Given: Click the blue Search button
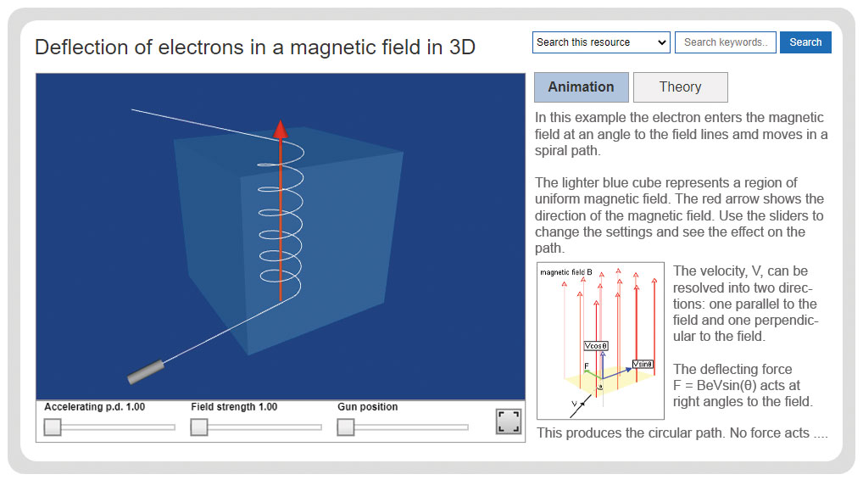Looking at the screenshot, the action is point(805,42).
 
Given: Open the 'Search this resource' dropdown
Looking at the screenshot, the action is point(601,42).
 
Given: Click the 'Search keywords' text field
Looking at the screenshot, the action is point(726,42).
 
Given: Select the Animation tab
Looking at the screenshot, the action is point(582,87).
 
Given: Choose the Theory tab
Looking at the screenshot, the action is point(680,87).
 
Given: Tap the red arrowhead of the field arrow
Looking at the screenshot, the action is point(281,130).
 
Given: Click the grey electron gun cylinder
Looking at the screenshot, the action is point(146,371).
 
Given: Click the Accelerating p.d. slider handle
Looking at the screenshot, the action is point(53,427).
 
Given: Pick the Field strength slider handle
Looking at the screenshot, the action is point(198,427).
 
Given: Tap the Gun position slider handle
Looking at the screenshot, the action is point(346,427).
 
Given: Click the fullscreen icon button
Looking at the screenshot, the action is point(509,421).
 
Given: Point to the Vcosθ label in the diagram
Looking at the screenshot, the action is point(596,346).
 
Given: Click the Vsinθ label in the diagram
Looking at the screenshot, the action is point(643,364).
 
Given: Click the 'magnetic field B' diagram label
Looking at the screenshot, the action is point(566,272).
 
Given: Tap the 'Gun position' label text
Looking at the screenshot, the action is point(368,407).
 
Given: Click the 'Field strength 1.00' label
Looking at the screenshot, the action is point(234,407).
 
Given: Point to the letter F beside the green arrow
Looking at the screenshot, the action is point(587,366).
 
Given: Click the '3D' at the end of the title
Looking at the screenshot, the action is point(462,47).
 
